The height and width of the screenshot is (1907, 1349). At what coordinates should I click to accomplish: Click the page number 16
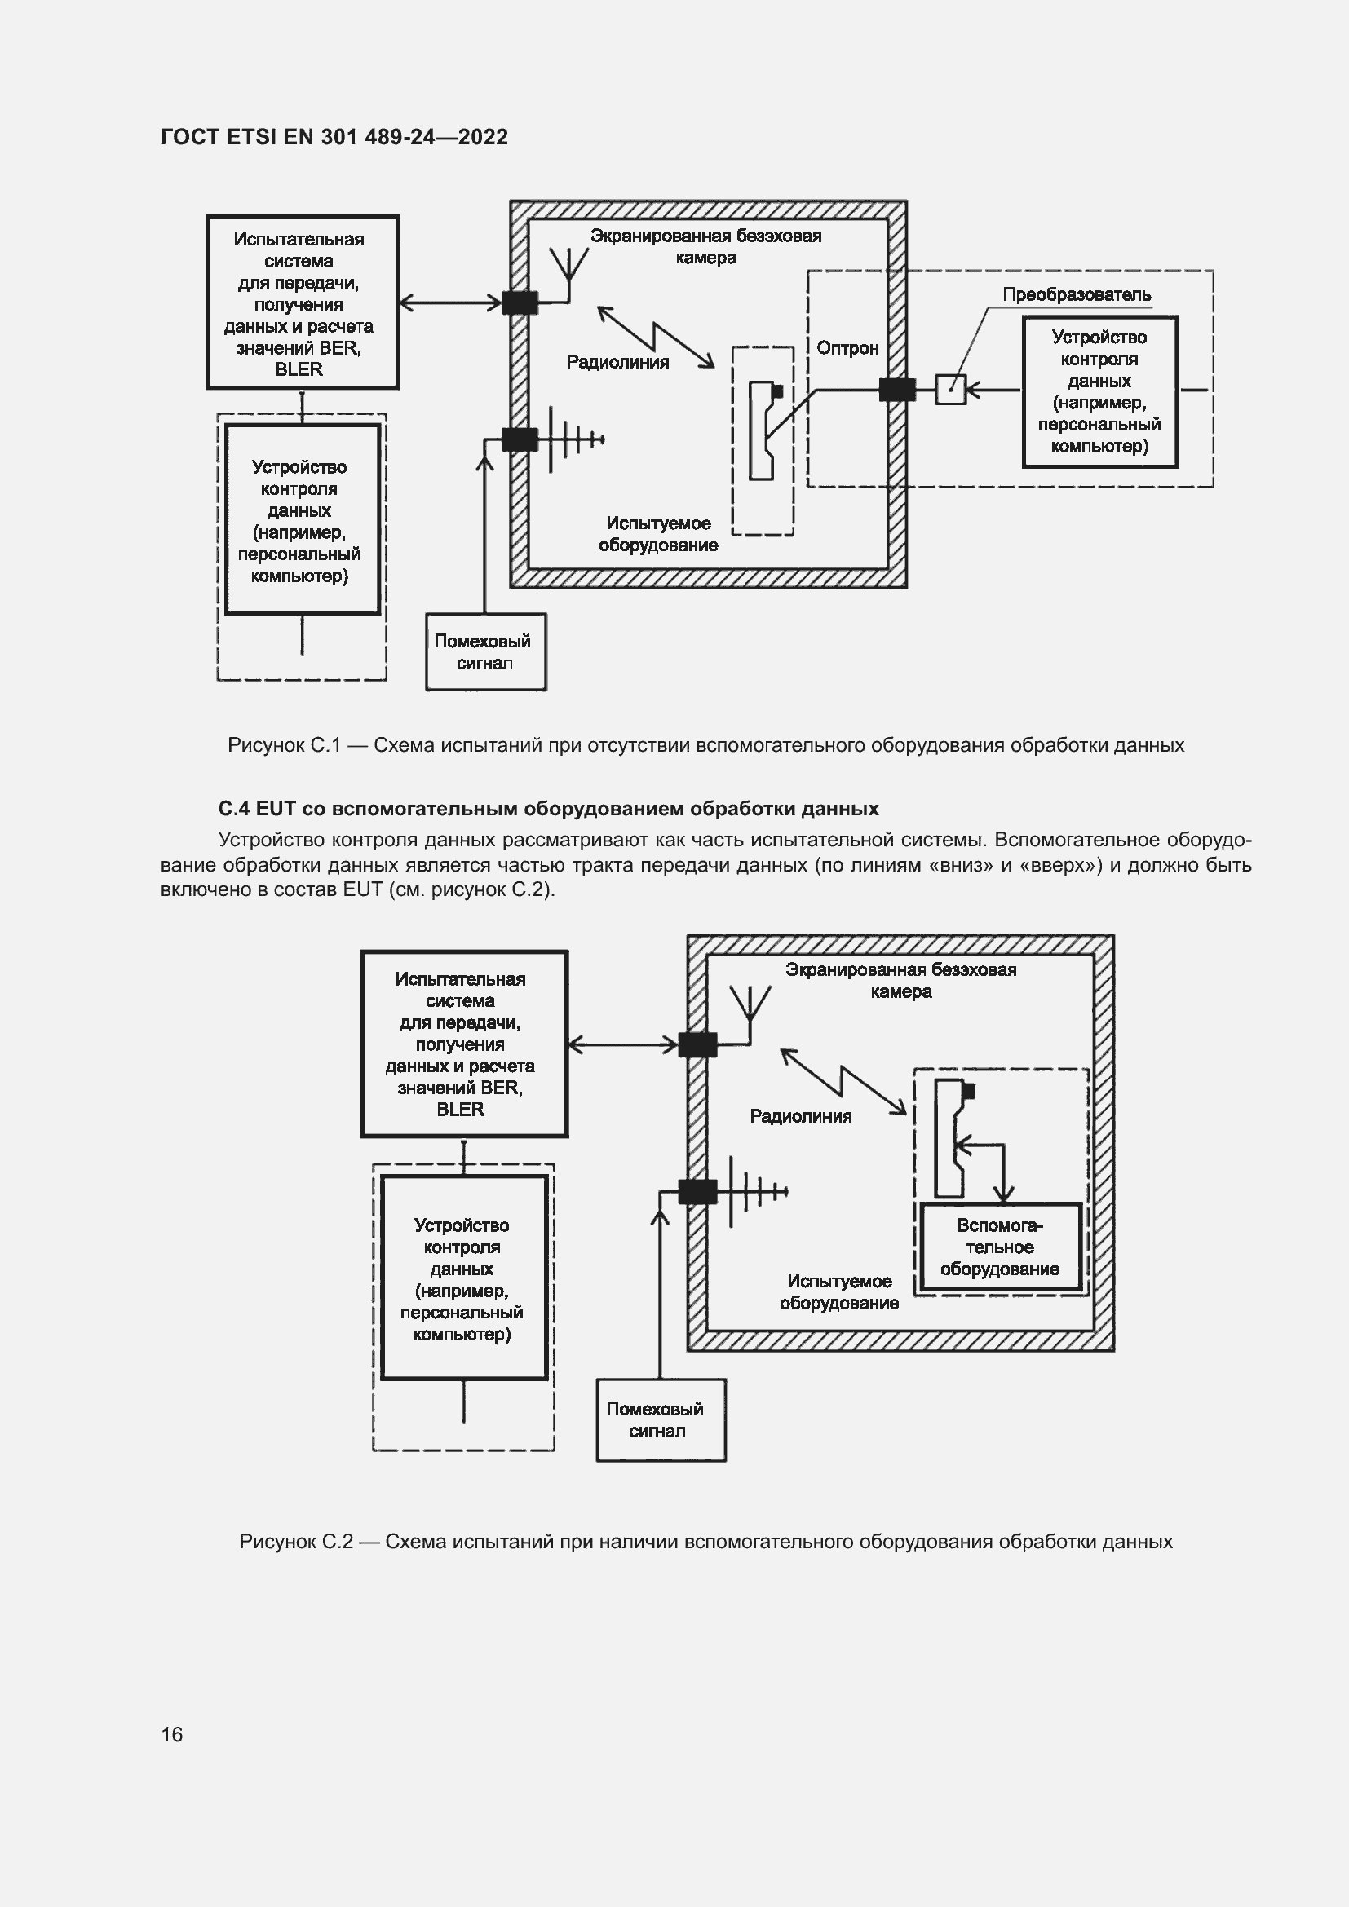(172, 1733)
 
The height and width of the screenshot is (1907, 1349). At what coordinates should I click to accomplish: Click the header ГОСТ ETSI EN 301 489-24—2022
(334, 137)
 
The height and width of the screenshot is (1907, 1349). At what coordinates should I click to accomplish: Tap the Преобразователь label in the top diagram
(1077, 294)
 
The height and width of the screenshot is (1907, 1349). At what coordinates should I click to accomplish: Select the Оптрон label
(847, 348)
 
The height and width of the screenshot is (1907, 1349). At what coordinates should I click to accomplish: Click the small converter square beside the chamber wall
(950, 389)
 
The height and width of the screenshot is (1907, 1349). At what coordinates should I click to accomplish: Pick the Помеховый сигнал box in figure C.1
(486, 652)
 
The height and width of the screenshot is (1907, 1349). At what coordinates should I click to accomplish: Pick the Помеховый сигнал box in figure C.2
(661, 1420)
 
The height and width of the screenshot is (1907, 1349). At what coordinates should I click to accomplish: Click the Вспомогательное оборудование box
(1001, 1247)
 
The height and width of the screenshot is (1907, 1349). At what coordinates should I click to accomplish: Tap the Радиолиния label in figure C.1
(617, 362)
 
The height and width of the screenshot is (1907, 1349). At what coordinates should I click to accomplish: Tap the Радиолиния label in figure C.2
(801, 1116)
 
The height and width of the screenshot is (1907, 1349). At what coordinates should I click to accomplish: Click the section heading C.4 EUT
(548, 808)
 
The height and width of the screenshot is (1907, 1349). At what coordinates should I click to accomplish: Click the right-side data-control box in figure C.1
(1099, 392)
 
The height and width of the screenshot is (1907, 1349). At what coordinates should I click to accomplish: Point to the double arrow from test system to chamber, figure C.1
(450, 302)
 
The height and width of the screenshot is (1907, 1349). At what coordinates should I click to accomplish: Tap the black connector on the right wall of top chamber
(897, 389)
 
